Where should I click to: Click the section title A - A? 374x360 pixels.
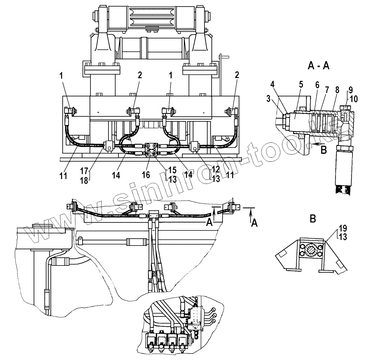click(318, 66)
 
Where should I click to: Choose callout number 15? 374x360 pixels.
click(172, 170)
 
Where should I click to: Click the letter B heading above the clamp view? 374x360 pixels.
click(313, 219)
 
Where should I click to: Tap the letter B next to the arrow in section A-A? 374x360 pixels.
click(323, 150)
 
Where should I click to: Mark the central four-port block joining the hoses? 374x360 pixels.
click(152, 149)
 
